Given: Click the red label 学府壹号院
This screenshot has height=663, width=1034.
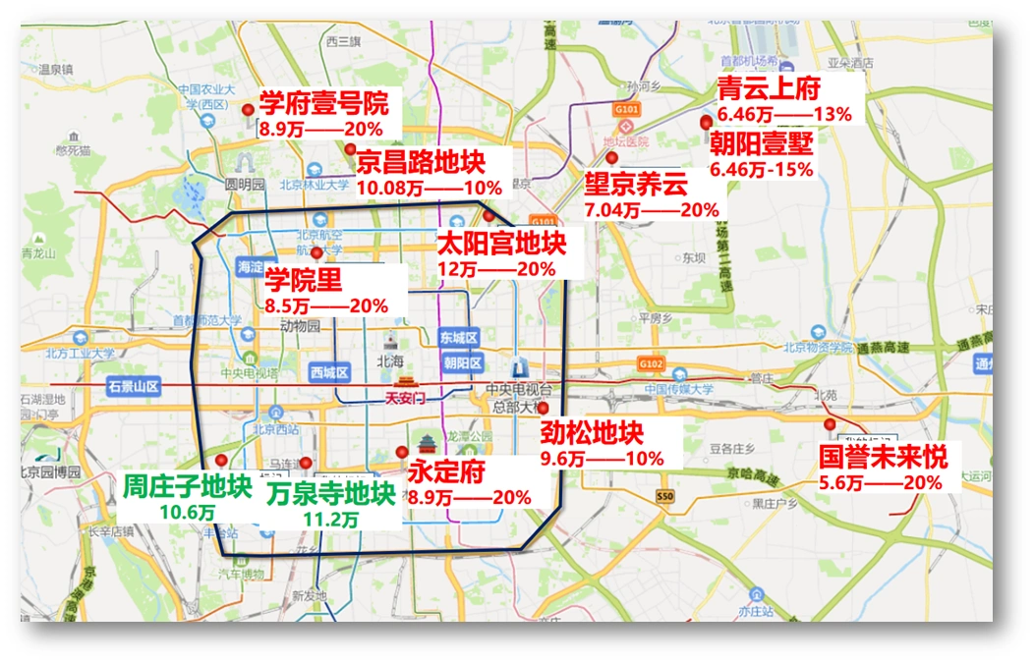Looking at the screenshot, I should coord(323,104).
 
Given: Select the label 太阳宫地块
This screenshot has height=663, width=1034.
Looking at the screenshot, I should coord(501,243).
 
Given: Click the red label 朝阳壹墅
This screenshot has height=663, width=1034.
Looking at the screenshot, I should coord(762,144).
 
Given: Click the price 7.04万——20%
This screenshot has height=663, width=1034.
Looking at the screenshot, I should coord(651,209).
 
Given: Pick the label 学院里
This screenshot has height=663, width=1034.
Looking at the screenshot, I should coord(304,281).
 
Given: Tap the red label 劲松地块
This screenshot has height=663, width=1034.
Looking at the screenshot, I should coord(592,432).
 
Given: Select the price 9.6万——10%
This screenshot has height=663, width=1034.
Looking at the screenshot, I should coord(602,458).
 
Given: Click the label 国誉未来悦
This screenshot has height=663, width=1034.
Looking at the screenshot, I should coord(884,457).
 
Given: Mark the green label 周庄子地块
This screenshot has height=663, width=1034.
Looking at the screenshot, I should coord(187,486).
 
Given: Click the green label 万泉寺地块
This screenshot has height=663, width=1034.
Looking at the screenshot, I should coord(331,493).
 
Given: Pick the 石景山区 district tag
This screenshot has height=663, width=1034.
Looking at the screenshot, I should coord(134,386).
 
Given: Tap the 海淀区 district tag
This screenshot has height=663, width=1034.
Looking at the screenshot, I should coord(251,267).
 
